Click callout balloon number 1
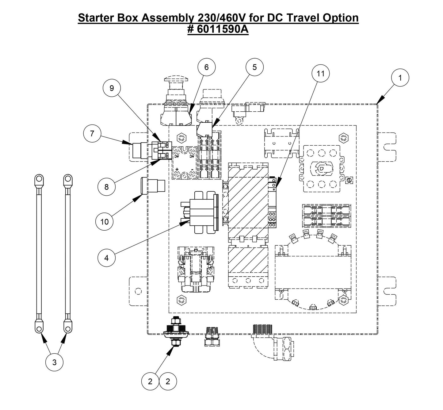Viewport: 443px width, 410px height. coord(400,78)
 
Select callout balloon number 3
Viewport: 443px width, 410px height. coord(54,362)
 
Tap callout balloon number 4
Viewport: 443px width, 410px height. coord(106,258)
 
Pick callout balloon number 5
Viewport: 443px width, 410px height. coord(254,67)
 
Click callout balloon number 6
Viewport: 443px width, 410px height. coord(206,67)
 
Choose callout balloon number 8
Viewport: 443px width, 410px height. coord(106,187)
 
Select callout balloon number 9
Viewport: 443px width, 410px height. coord(112,88)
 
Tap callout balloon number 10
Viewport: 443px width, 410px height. coord(105,221)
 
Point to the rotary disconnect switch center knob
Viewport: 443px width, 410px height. coord(321,168)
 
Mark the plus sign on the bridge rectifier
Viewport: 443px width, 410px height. coord(177,169)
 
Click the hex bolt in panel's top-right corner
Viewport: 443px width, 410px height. coord(343,138)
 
